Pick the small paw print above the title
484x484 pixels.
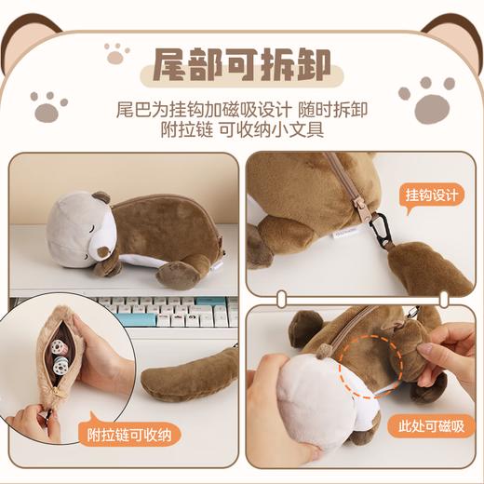coord(115,55)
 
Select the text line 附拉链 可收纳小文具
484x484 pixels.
coord(242,130)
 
